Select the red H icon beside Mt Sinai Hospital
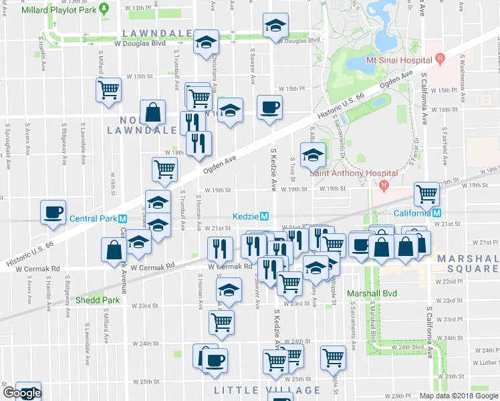440,59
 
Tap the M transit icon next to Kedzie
265,217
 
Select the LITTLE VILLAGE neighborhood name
267,390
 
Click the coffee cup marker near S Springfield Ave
53,212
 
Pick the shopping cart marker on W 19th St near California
426,194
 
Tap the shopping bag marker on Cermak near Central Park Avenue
113,249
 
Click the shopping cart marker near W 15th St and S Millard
108,89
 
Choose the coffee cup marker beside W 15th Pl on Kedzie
269,107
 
